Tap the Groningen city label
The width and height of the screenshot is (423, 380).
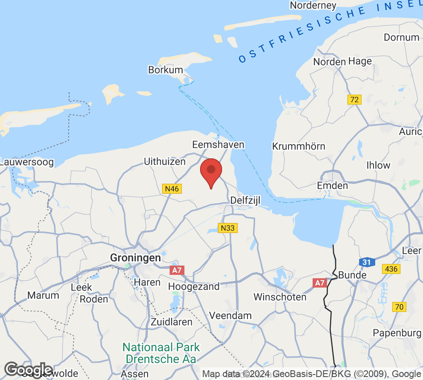[135, 258]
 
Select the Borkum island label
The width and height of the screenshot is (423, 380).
[165, 70]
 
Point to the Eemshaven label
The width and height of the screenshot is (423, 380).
[218, 145]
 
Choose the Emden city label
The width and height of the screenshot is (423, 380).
[332, 185]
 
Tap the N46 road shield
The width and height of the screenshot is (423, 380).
[172, 189]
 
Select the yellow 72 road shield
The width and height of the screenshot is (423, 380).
[354, 100]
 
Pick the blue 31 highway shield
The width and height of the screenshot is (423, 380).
[367, 262]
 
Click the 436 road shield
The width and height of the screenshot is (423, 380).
[391, 269]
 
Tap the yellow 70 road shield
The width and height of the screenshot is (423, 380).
[398, 307]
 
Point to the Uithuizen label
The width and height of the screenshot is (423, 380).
[165, 161]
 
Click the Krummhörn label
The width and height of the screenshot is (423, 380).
[299, 147]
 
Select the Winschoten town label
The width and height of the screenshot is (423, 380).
[280, 297]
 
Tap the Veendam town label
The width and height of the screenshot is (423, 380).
[231, 315]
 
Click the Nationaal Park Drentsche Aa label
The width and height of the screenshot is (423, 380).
[161, 353]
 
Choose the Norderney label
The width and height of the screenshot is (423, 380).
[313, 5]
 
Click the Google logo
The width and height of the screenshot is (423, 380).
[28, 369]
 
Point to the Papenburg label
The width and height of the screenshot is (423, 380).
[397, 333]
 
